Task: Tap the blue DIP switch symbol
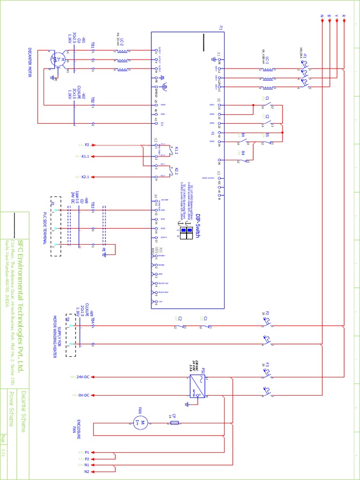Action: point(187,233)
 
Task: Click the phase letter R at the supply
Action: point(344,16)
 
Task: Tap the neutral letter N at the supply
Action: point(322,16)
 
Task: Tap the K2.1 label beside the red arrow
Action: point(85,177)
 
